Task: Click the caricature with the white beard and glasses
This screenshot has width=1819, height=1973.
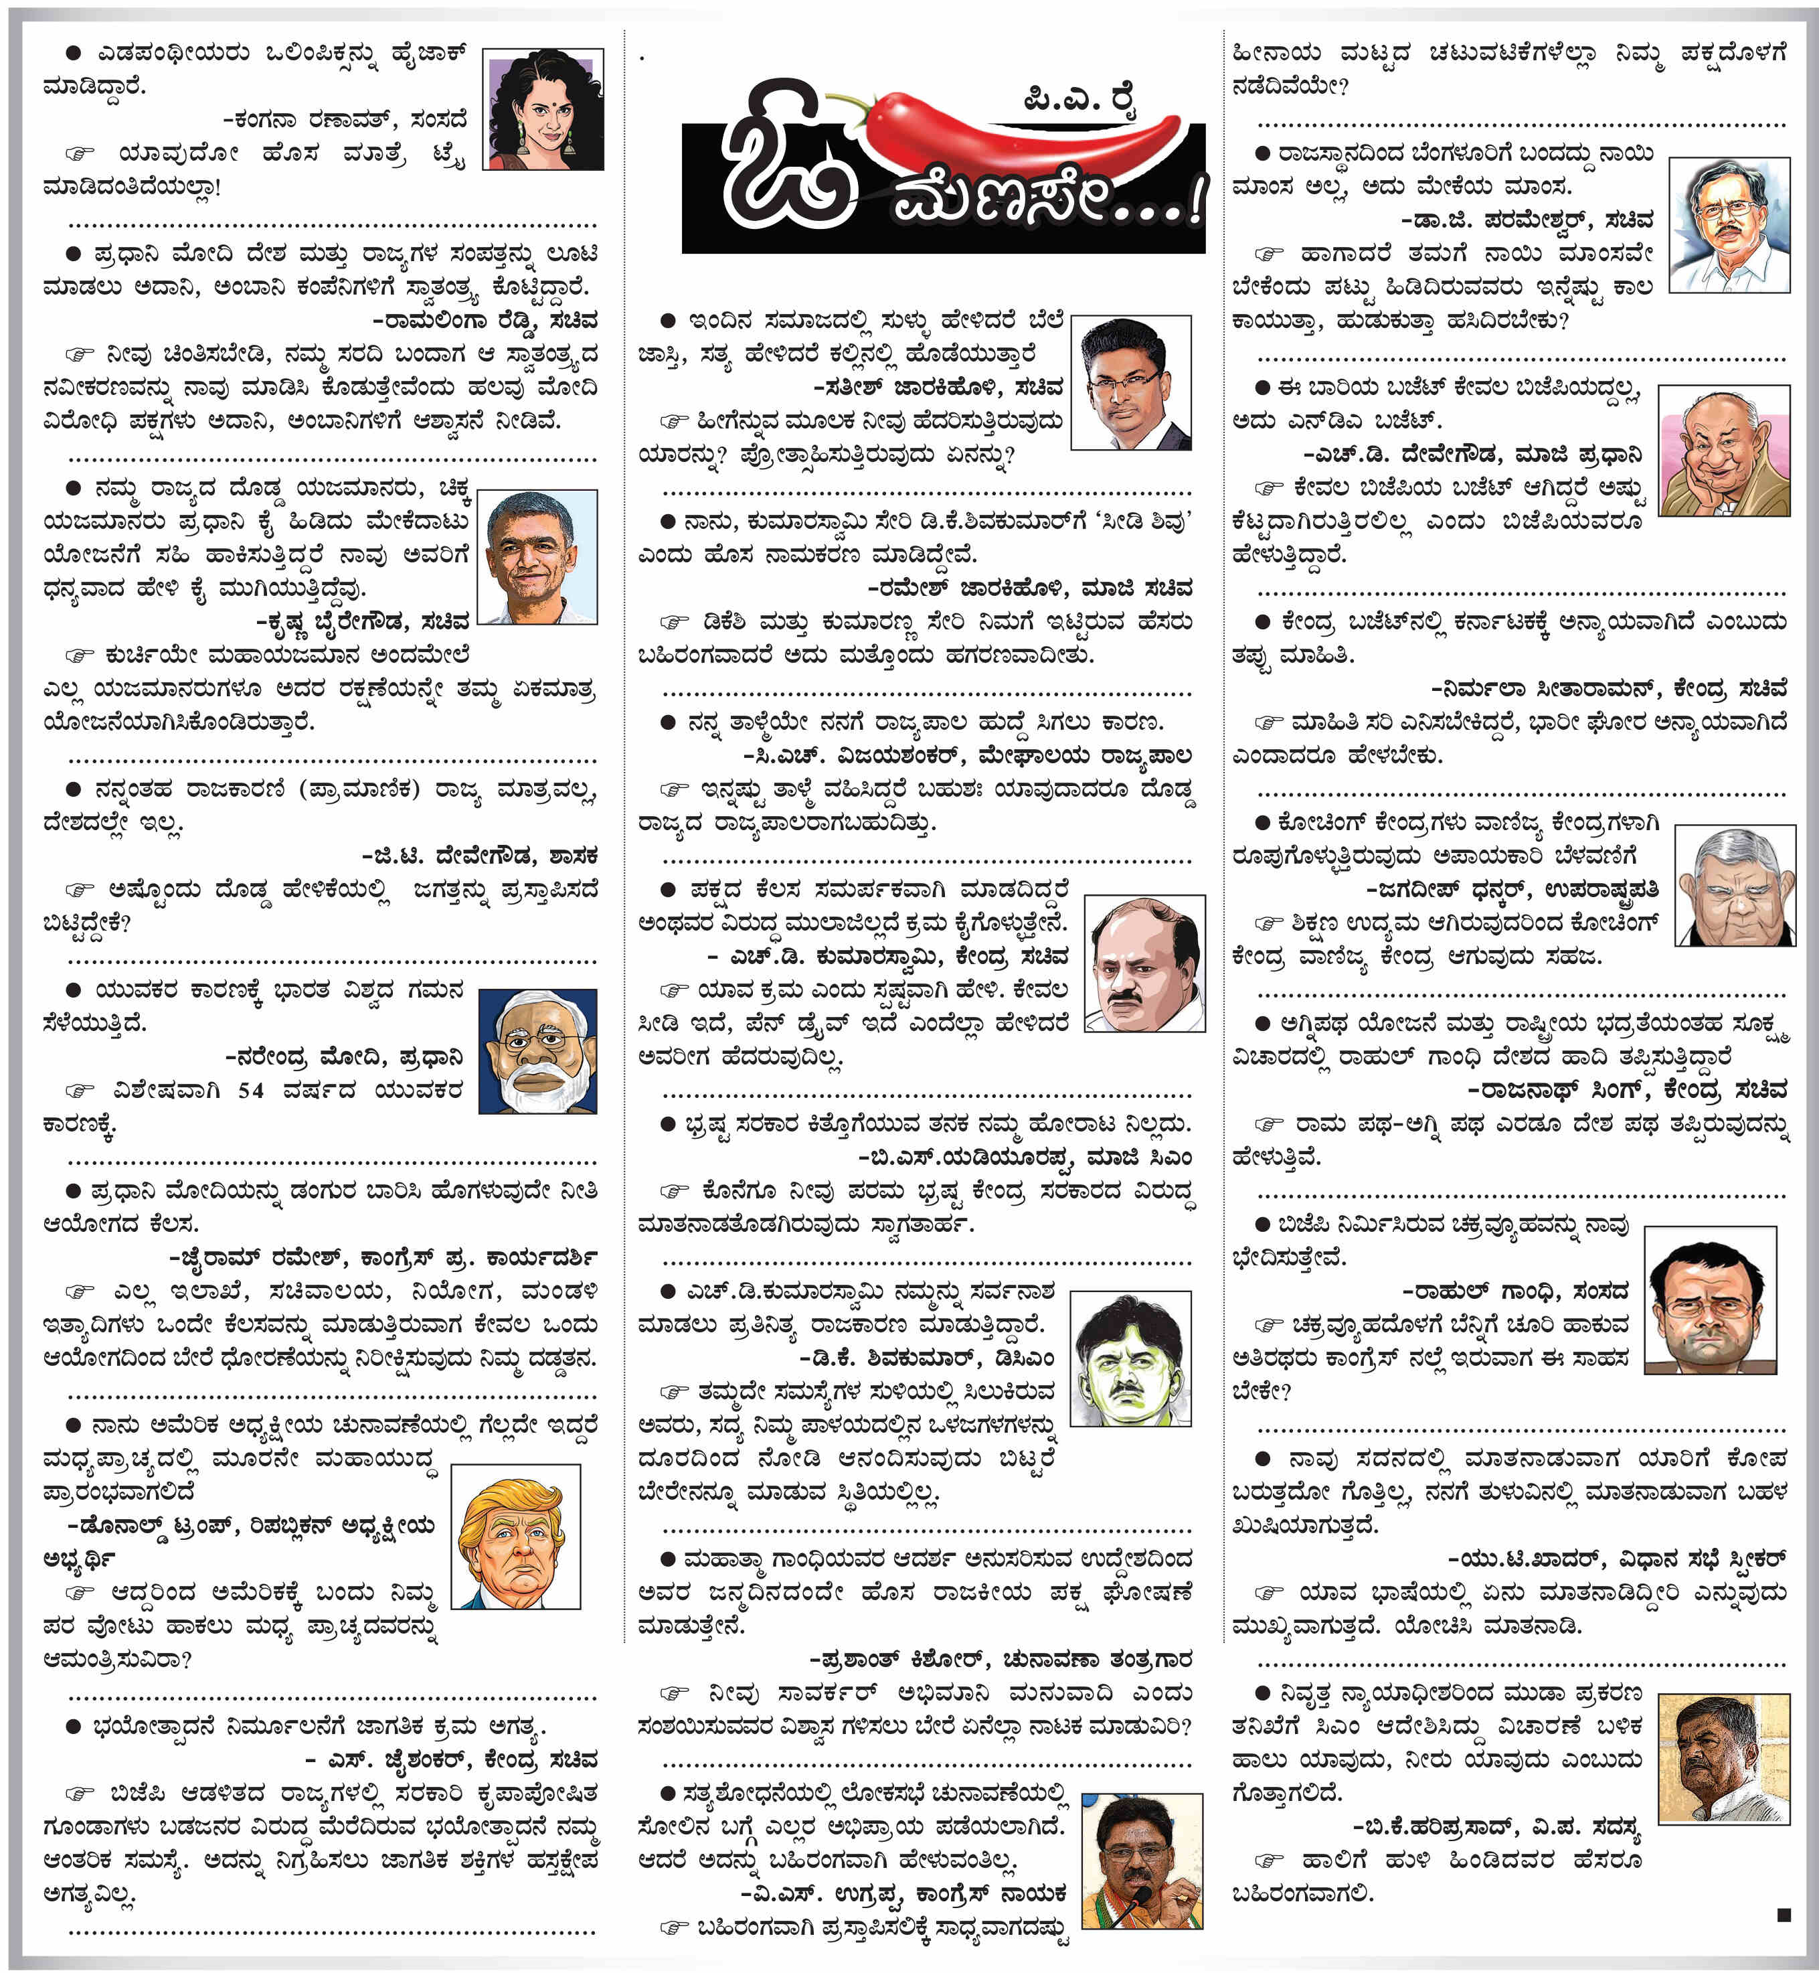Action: (537, 1052)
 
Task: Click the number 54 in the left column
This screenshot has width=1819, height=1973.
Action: (251, 1090)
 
